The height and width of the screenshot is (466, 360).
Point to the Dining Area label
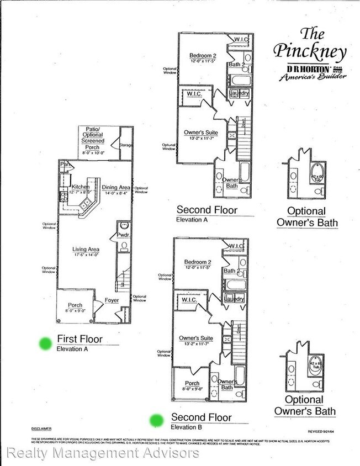click(x=117, y=188)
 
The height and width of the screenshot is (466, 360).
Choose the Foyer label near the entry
click(x=113, y=301)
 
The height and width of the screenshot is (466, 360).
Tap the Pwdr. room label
click(x=123, y=235)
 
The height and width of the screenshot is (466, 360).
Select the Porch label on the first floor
click(x=75, y=305)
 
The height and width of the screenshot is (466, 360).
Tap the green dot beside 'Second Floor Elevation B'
click(x=157, y=421)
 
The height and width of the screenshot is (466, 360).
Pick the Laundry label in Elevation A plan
click(x=239, y=93)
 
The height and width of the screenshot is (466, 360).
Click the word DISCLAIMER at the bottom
click(x=41, y=428)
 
